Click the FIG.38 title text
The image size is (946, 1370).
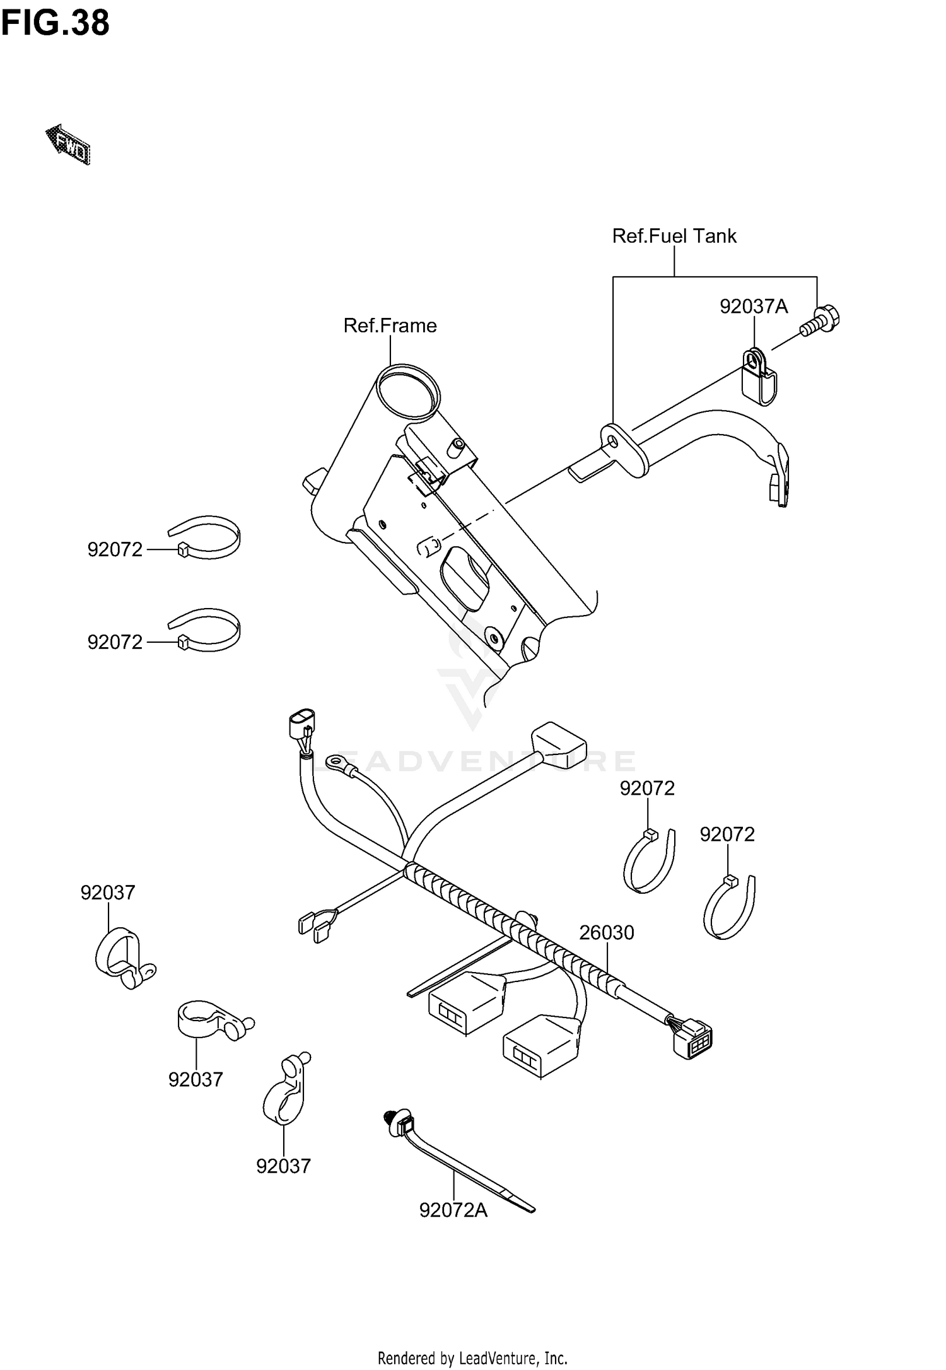pos(55,23)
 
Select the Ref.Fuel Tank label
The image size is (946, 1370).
pos(674,236)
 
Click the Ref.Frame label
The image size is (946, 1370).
pos(390,325)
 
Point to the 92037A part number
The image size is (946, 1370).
pos(754,307)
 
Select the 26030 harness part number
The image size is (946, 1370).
pos(606,932)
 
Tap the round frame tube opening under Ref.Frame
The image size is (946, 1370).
pos(407,390)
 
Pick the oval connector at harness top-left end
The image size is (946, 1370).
pos(301,725)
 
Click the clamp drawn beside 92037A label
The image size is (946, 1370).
pos(757,377)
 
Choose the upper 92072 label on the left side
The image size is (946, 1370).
pos(115,550)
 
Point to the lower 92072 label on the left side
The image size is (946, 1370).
pos(115,642)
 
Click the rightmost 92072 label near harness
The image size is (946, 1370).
pos(727,834)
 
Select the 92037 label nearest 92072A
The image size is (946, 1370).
pos(283,1166)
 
